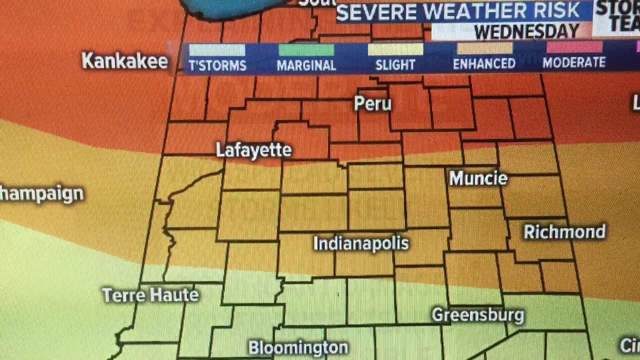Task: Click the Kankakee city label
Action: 124,61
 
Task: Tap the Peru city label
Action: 372,103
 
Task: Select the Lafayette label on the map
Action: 253,150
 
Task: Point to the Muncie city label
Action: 478,178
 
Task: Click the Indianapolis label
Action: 361,243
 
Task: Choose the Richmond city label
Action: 564,232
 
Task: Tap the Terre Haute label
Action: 150,295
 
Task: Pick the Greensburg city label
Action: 477,315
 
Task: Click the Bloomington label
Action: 298,347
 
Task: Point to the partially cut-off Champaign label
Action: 41,194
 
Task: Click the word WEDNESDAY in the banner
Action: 526,32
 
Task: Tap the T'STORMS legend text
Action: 217,65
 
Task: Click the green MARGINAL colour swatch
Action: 306,50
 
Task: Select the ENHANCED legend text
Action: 484,63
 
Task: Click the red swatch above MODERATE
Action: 574,47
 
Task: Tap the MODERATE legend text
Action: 574,62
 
